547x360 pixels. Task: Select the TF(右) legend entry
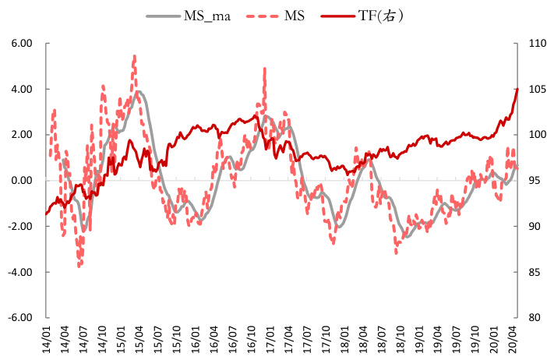pyautogui.click(x=372, y=16)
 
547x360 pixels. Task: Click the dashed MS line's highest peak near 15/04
pyautogui.click(x=134, y=56)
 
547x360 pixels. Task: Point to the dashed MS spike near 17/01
pyautogui.click(x=265, y=69)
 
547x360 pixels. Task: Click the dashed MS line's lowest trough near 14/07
pyautogui.click(x=79, y=265)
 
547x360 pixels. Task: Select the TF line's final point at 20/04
pyautogui.click(x=517, y=89)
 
